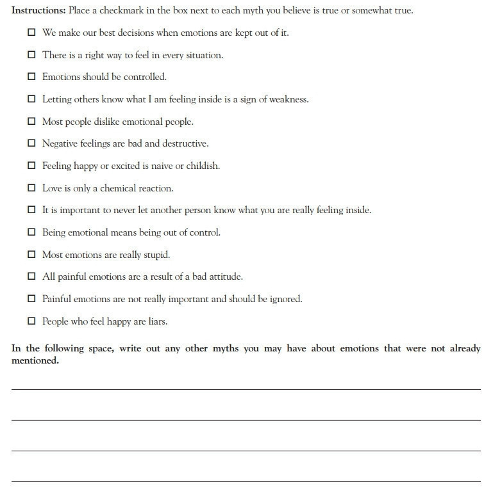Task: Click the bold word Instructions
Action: point(38,11)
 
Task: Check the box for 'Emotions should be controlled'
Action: point(31,77)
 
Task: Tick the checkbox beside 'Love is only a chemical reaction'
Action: point(31,188)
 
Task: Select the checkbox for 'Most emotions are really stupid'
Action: point(31,255)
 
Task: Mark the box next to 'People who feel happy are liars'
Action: point(31,321)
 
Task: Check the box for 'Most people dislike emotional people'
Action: point(31,122)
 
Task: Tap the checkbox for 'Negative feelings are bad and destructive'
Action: point(31,143)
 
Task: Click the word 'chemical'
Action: point(119,188)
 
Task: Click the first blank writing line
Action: point(246,389)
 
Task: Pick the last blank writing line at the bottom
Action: point(246,481)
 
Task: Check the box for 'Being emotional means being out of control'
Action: point(31,232)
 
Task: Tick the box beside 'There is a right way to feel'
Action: point(31,55)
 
